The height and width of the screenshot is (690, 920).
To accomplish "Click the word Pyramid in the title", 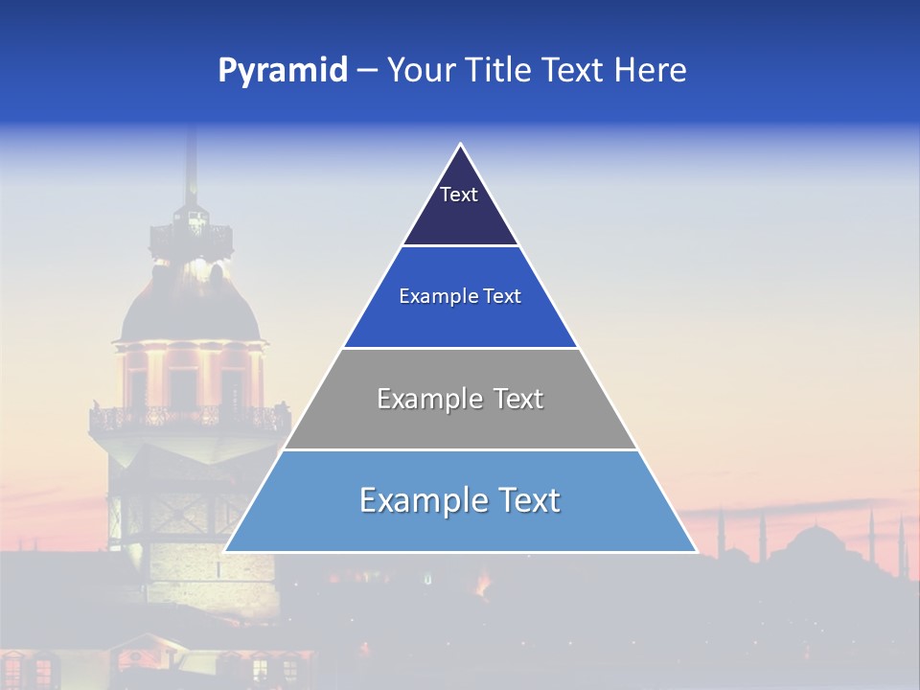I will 282,71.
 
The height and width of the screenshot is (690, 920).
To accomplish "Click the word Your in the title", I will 420,71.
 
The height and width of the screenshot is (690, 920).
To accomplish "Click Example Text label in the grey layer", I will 460,399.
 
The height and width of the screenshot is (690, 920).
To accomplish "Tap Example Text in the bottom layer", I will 460,500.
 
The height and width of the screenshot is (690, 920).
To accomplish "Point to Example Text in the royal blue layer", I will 460,296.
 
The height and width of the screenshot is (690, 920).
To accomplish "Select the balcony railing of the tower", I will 189,418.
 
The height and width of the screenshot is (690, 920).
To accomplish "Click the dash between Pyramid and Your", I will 367,71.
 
